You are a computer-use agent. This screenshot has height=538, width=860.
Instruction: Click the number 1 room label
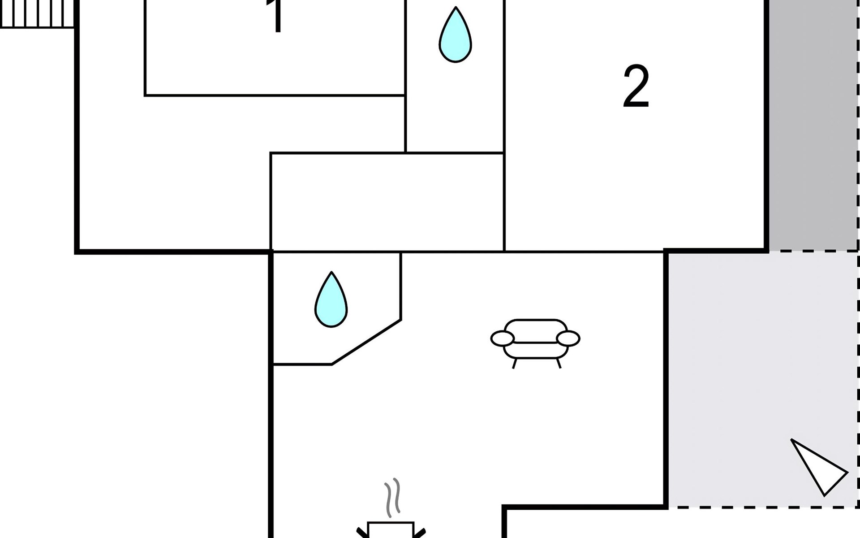[x=277, y=17]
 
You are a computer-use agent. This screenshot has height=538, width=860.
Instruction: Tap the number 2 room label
[x=636, y=87]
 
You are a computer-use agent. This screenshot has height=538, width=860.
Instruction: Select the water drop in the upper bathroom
[x=455, y=36]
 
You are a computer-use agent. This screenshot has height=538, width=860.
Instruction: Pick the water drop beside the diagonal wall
[x=331, y=300]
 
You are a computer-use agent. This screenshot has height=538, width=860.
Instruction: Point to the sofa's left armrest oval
[x=502, y=339]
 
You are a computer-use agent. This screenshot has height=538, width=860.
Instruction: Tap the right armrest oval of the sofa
[x=568, y=338]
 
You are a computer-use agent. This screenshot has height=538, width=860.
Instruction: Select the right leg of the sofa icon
[x=558, y=363]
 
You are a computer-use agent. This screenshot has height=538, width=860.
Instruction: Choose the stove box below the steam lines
[x=391, y=530]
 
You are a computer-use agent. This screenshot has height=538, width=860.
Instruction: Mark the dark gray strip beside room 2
[x=813, y=126]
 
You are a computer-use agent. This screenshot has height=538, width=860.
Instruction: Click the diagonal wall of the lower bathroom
[x=366, y=342]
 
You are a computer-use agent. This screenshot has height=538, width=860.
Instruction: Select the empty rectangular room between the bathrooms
[x=387, y=202]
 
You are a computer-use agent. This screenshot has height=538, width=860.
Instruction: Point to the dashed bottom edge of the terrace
[x=761, y=508]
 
